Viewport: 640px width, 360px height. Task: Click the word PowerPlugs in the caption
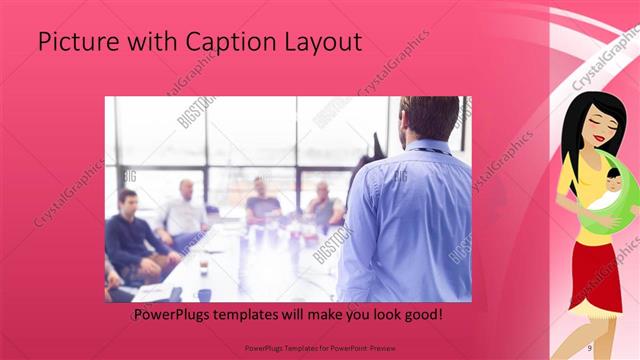click(176, 315)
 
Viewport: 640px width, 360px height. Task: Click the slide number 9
click(590, 347)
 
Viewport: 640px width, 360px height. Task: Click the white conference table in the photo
click(250, 270)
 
